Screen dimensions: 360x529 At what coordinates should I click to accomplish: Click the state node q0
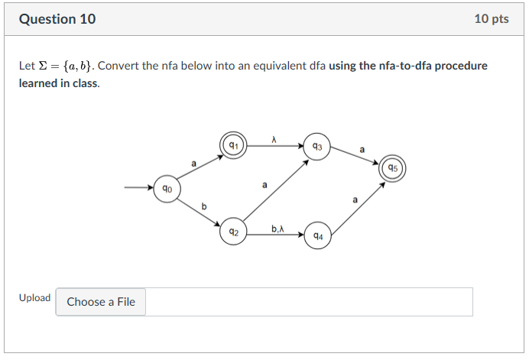[x=167, y=188]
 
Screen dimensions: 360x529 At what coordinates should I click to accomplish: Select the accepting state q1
[x=234, y=145]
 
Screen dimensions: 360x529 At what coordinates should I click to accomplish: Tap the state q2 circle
[x=234, y=232]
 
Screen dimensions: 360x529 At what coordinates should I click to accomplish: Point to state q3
[x=318, y=147]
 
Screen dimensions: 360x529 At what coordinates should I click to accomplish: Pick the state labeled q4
[x=318, y=236]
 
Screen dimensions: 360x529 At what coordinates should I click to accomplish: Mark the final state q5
[x=392, y=168]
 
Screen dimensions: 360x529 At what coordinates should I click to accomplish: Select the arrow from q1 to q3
[x=275, y=146]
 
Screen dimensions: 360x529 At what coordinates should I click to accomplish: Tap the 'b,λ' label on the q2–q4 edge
[x=277, y=228]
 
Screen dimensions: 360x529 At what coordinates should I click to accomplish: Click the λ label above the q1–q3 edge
[x=274, y=138]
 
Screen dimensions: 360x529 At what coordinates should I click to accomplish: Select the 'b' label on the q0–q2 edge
[x=203, y=205]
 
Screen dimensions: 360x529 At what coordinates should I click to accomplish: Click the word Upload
[x=34, y=298]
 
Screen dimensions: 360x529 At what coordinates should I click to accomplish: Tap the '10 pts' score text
[x=491, y=19]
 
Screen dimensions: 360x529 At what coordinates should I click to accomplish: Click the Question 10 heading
[x=57, y=19]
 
